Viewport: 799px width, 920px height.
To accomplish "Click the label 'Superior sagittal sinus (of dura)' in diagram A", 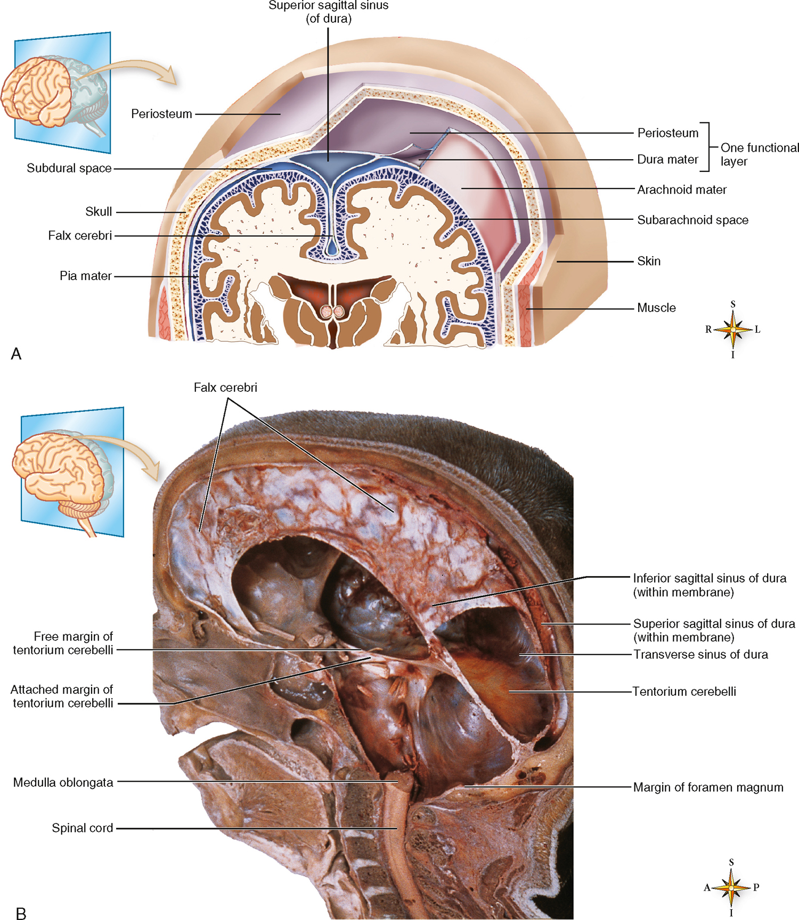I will click(x=328, y=12).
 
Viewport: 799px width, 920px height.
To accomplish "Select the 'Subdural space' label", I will click(x=69, y=168).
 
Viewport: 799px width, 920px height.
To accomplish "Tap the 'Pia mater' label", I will click(x=85, y=276).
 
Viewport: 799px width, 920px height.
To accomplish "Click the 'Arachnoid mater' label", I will click(x=682, y=190).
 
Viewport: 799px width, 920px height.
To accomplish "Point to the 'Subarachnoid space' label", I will click(x=692, y=220).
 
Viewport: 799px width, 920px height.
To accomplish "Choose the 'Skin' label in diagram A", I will click(x=649, y=261).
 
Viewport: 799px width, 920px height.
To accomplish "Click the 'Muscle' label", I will click(x=656, y=308).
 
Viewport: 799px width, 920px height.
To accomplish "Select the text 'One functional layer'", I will click(x=760, y=154).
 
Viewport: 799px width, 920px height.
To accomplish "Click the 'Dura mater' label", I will click(x=667, y=159).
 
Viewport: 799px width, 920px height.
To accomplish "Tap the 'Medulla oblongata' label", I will click(x=63, y=782).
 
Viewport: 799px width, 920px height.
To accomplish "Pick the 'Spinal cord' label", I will click(x=82, y=828).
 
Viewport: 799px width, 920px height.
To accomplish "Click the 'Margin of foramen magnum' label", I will click(x=708, y=787).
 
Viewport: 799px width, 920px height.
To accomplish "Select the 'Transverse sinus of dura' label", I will click(x=700, y=654).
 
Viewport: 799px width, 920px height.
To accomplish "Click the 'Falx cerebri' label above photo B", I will click(x=225, y=388).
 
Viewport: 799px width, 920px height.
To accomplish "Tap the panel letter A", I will click(x=16, y=354).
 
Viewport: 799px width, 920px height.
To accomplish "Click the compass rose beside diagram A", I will click(x=733, y=330).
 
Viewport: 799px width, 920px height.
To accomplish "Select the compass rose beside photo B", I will click(x=731, y=888).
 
